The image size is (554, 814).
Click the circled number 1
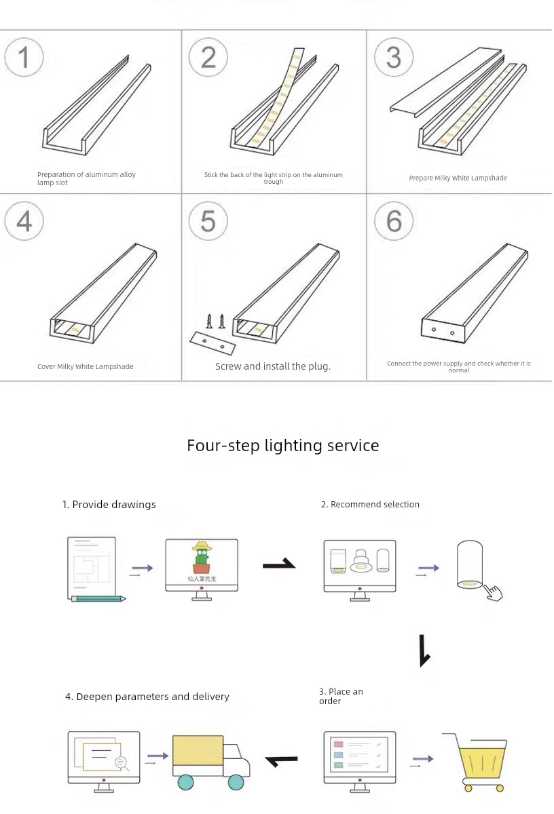click(x=24, y=57)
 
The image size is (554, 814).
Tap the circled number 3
click(x=394, y=57)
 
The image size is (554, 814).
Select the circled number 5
click(x=208, y=221)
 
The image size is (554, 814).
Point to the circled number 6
click(x=394, y=221)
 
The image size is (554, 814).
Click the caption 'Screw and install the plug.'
click(x=273, y=366)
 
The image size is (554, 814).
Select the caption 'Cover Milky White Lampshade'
click(x=86, y=367)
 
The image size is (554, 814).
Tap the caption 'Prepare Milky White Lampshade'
click(x=458, y=178)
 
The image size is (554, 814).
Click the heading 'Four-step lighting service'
click(x=283, y=446)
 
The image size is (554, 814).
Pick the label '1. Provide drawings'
click(x=109, y=505)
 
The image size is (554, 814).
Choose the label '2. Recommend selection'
click(x=370, y=505)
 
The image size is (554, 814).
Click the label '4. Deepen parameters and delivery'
click(x=147, y=697)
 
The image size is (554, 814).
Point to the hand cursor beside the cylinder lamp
click(x=494, y=592)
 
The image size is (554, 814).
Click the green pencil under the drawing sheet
click(x=98, y=598)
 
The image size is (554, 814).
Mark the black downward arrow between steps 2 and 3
click(x=425, y=651)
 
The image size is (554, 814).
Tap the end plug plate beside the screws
click(x=212, y=343)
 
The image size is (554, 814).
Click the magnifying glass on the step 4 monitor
click(x=122, y=763)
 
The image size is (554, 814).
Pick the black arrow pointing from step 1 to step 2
click(x=279, y=564)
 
